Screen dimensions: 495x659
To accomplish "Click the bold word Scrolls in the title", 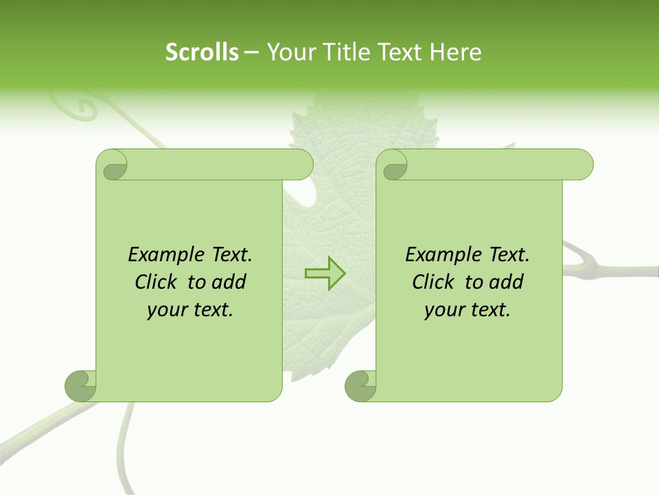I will click(202, 52).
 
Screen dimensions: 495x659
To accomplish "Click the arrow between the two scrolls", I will click(325, 274).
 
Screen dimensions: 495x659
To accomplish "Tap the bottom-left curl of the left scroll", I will click(80, 386).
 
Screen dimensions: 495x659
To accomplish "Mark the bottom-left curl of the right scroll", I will click(360, 386).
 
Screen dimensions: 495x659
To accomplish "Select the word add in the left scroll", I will click(229, 282).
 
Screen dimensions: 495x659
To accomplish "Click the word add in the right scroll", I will click(506, 282).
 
